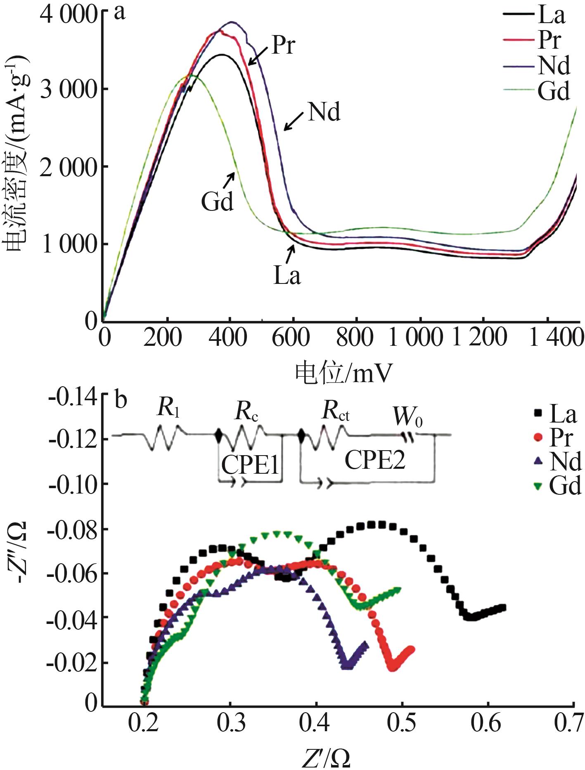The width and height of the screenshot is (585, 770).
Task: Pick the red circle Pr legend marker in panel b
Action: [x=538, y=437]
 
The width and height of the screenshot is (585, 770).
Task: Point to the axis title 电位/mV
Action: [x=343, y=374]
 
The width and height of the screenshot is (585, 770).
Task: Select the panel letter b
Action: [x=120, y=400]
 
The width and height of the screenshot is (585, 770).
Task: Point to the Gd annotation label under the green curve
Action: [x=217, y=202]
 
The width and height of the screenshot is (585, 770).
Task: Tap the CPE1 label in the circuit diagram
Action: [x=250, y=465]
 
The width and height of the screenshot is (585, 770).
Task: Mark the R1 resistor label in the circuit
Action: [x=168, y=409]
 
